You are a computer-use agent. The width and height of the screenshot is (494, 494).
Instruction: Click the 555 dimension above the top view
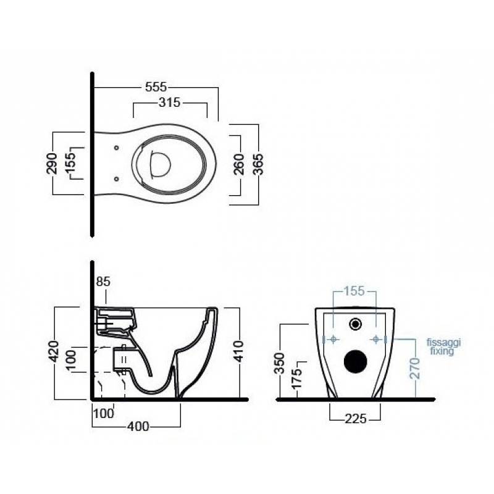156,87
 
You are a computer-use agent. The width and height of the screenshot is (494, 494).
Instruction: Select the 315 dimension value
169,103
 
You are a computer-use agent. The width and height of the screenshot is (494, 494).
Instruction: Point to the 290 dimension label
52,164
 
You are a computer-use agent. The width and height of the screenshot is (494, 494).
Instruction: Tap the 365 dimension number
258,164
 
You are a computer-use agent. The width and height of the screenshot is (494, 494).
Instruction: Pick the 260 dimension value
240,164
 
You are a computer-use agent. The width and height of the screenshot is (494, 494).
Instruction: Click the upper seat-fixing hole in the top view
117,148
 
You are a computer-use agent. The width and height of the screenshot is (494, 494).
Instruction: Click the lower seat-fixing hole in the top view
117,179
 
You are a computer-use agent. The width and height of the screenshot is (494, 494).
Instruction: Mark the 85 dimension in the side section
103,282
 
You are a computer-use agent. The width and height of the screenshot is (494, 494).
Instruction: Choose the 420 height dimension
54,351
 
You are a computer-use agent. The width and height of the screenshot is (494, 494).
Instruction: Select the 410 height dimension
239,351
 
